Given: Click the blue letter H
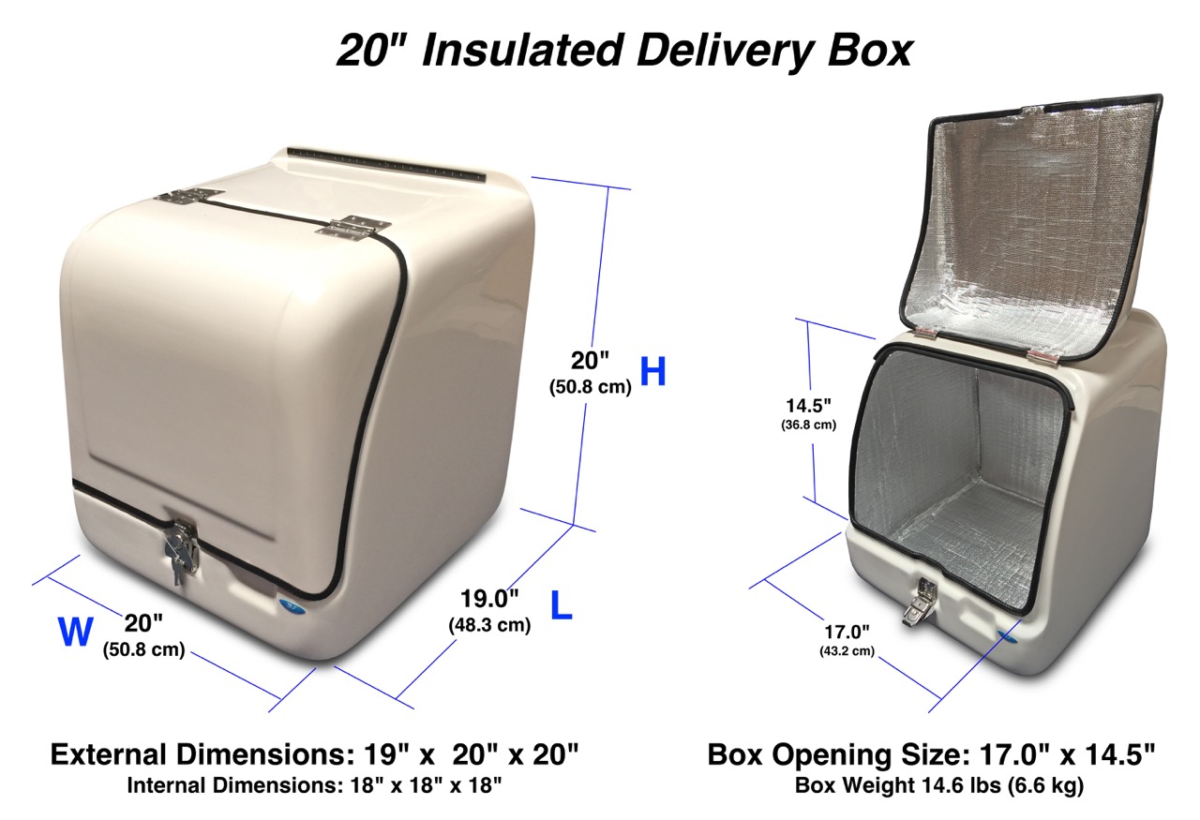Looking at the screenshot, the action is click(x=653, y=371).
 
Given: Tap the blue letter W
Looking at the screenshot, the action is click(x=76, y=632).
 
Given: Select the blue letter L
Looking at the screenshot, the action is click(x=562, y=605).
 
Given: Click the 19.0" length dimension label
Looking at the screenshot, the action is click(x=489, y=599).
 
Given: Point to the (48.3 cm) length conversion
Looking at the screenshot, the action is click(x=489, y=624).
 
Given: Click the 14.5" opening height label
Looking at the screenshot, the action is click(x=808, y=406).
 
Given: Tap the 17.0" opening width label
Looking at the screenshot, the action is click(x=847, y=632).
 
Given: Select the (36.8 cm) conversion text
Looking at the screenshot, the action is click(x=808, y=425).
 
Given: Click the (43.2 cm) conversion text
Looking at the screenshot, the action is click(x=847, y=651).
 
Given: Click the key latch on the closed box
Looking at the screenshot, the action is click(x=182, y=549).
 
